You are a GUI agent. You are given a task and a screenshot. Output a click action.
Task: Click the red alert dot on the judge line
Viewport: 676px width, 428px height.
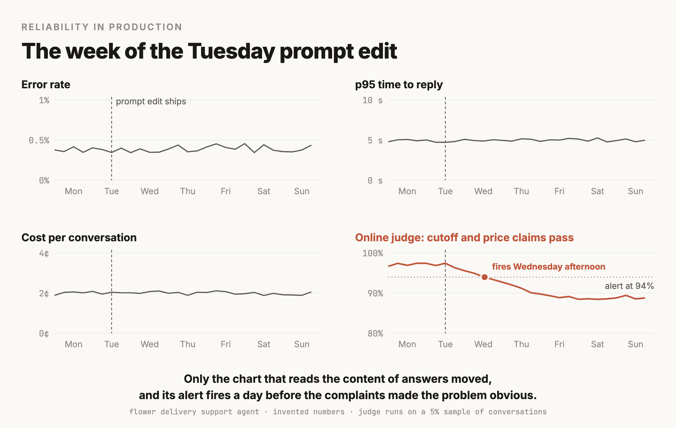485,277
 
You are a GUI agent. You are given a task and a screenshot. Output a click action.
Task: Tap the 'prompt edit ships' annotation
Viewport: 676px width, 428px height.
151,101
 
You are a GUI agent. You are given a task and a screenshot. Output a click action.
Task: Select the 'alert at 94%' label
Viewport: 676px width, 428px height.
629,286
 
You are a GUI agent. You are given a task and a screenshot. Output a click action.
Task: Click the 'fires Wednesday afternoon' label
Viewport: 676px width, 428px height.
548,266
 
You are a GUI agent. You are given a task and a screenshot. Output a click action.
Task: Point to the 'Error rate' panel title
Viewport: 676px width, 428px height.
46,85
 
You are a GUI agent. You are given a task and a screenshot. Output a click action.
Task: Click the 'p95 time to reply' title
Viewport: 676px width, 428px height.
399,85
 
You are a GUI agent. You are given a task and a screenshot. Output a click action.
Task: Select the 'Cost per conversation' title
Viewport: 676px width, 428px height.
79,238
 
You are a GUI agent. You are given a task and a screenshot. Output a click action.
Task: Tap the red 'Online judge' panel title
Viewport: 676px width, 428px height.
464,238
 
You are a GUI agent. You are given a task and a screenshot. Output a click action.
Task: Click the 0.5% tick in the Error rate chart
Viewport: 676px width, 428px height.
39,140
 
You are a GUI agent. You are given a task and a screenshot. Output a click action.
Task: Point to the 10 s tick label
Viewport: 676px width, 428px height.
372,100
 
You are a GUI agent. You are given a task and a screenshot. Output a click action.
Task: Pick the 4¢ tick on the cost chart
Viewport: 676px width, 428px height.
44,253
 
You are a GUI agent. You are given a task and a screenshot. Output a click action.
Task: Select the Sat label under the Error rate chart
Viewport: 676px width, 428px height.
264,191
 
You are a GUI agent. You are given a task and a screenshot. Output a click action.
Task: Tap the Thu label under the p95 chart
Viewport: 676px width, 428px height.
521,191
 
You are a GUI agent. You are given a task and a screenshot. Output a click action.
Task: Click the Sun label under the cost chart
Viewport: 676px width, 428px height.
302,344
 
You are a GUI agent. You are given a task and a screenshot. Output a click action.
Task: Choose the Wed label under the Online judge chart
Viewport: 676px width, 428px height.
483,344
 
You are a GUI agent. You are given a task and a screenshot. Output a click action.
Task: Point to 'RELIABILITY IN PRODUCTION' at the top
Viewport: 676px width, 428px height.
102,27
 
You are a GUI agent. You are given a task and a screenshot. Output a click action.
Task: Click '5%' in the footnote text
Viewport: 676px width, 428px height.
435,412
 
